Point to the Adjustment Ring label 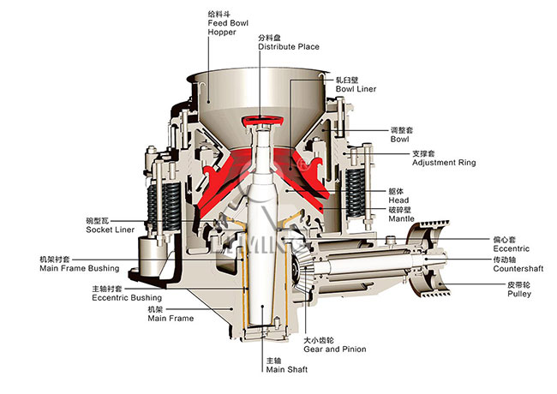tap(442, 162)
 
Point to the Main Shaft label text tap(286, 370)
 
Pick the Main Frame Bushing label tap(79, 268)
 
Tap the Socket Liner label tap(109, 230)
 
